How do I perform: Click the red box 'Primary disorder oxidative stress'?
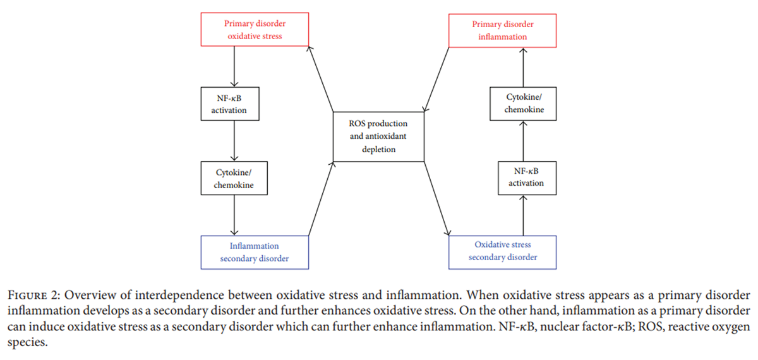coord(255,30)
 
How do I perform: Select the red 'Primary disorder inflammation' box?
coord(503,30)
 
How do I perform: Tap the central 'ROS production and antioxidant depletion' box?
coord(378,136)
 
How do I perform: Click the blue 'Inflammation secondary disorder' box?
coord(255,253)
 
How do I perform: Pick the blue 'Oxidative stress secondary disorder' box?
coord(503,253)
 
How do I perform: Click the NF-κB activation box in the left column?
coord(230,104)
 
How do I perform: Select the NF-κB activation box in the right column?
coord(527,178)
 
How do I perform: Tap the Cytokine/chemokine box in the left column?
coord(234,178)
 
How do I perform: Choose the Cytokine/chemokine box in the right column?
coord(523,104)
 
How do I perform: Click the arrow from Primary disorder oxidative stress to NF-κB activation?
coord(234,67)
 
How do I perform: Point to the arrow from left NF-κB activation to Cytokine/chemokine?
coord(234,141)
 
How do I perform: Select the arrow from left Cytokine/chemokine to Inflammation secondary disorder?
coord(234,215)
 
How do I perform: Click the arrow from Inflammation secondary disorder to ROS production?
coord(321,198)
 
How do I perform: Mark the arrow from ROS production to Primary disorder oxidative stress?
coord(320,79)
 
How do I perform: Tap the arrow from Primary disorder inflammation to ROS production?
coord(436,80)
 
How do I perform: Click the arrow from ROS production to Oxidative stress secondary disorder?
coord(437,198)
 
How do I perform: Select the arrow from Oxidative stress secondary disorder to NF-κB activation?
coord(523,215)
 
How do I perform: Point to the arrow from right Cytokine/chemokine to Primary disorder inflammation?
coord(523,68)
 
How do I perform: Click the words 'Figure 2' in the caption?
coord(33,296)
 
